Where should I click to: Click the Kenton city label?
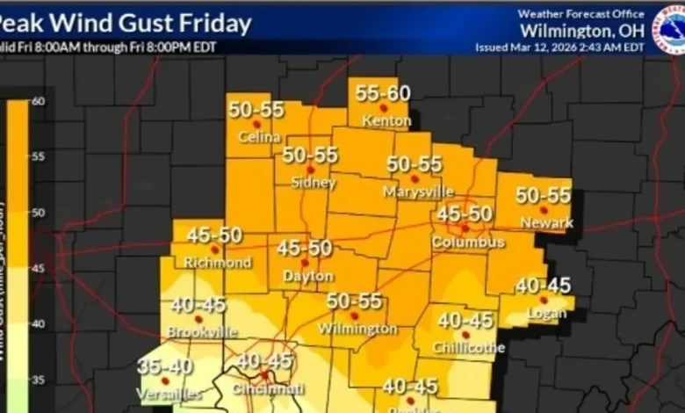[386, 120]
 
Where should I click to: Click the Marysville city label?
[419, 191]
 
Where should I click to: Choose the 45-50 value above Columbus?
[465, 214]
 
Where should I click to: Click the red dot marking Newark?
[544, 210]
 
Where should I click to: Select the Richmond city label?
[217, 263]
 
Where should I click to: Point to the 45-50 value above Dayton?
[304, 249]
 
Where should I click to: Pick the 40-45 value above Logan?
[543, 286]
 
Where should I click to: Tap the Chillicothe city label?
[469, 348]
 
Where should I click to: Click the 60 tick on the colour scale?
[38, 101]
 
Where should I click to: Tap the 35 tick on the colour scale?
[38, 380]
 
